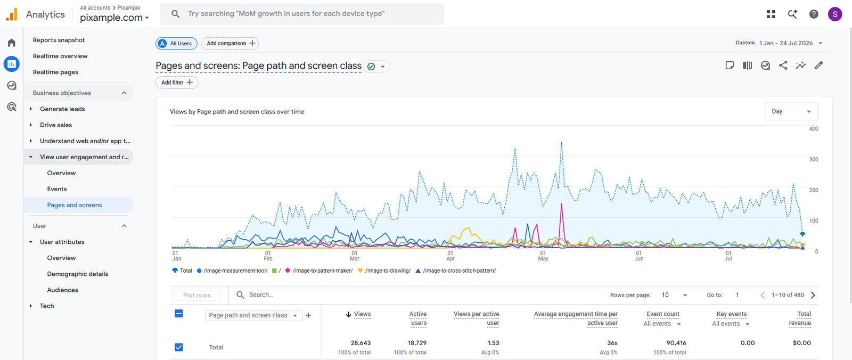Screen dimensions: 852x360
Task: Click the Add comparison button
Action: click(x=230, y=43)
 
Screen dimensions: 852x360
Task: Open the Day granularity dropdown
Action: click(x=791, y=111)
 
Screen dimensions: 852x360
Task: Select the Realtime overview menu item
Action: click(x=60, y=56)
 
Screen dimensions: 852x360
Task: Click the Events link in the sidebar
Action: click(x=56, y=189)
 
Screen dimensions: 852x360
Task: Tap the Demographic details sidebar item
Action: click(x=78, y=274)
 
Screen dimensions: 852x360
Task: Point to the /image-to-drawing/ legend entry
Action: click(x=384, y=271)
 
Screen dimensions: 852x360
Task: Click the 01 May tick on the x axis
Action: click(x=543, y=256)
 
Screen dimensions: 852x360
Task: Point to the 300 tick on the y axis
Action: click(x=814, y=159)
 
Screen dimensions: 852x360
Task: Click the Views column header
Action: click(x=358, y=314)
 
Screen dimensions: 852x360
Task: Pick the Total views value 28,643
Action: click(x=361, y=343)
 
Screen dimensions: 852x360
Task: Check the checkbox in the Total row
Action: click(x=179, y=347)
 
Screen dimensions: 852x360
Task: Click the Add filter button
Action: click(x=177, y=83)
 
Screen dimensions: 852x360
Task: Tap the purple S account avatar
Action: click(x=835, y=14)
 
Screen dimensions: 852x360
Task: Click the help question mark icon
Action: click(x=814, y=14)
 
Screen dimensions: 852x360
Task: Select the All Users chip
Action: click(x=176, y=43)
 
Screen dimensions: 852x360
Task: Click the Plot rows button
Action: click(x=196, y=295)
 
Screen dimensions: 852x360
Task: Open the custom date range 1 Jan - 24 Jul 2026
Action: click(x=786, y=43)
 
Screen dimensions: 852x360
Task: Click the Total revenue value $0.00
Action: click(x=802, y=343)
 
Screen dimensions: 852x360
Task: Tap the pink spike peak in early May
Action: click(x=561, y=204)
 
